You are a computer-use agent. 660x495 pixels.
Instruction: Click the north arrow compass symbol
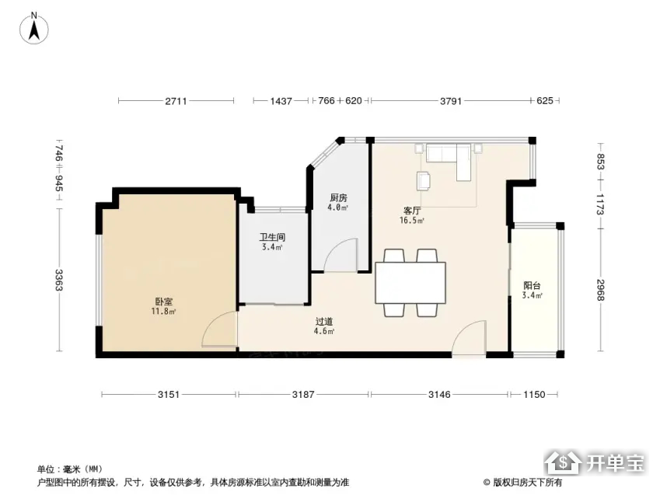pos(34,29)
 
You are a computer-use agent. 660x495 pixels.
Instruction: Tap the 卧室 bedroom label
pos(164,302)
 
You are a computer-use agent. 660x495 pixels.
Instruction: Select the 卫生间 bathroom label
pos(272,237)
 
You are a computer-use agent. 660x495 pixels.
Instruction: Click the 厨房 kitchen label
pos(338,197)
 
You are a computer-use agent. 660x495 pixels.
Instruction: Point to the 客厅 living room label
pos(412,211)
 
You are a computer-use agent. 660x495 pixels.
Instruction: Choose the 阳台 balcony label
pos(532,285)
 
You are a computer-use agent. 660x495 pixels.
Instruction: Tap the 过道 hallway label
pos(324,321)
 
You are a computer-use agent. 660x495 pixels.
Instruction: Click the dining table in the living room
pos(410,282)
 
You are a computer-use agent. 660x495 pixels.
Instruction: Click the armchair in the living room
pos(424,180)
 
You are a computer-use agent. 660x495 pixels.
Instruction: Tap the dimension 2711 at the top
pos(176,101)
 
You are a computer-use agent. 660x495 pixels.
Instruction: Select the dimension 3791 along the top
pos(451,101)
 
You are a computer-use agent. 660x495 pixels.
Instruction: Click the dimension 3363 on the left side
pos(59,280)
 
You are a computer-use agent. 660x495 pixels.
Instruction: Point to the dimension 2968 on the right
pos(601,290)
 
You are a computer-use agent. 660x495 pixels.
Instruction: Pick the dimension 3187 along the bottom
pos(303,395)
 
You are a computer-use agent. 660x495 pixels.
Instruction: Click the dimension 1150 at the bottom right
pos(534,395)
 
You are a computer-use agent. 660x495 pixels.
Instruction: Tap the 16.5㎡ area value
pos(412,220)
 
